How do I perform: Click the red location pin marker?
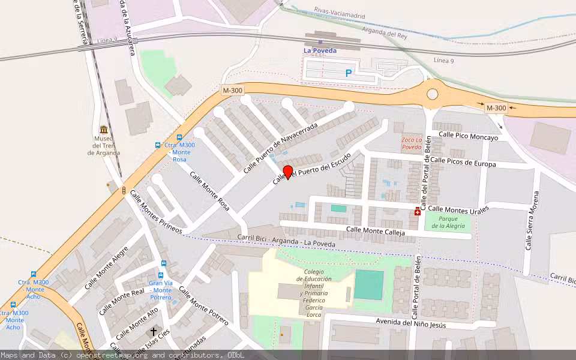pyautogui.click(x=288, y=172)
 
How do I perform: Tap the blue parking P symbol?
pyautogui.click(x=349, y=74)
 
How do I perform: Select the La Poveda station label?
pyautogui.click(x=320, y=51)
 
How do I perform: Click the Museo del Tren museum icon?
pyautogui.click(x=104, y=130)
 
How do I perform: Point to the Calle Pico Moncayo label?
pyautogui.click(x=469, y=137)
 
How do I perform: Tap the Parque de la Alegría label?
pyautogui.click(x=448, y=222)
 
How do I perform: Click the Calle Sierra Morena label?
pyautogui.click(x=532, y=220)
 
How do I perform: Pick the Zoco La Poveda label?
pyautogui.click(x=412, y=143)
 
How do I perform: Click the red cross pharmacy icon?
pyautogui.click(x=418, y=211)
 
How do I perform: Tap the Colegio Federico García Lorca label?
pyautogui.click(x=310, y=293)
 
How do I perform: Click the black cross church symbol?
pyautogui.click(x=154, y=331)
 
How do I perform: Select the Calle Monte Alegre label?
pyautogui.click(x=106, y=268)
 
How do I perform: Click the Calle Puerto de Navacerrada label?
pyautogui.click(x=280, y=148)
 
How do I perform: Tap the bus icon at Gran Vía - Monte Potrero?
pyautogui.click(x=163, y=263)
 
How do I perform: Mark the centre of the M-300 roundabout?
pyautogui.click(x=432, y=94)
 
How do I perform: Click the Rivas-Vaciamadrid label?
pyautogui.click(x=339, y=10)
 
